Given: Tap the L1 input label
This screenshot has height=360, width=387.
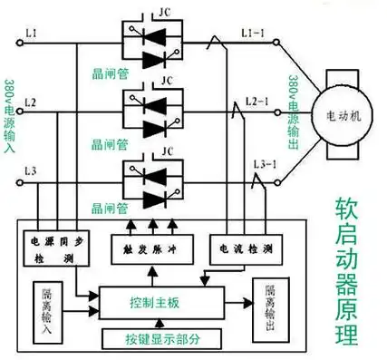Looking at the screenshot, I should [32, 34].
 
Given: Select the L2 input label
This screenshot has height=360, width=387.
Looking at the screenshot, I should [32, 104].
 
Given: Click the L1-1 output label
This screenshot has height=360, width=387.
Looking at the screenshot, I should [253, 34].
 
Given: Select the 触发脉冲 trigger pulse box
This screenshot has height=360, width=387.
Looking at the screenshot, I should [147, 247].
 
